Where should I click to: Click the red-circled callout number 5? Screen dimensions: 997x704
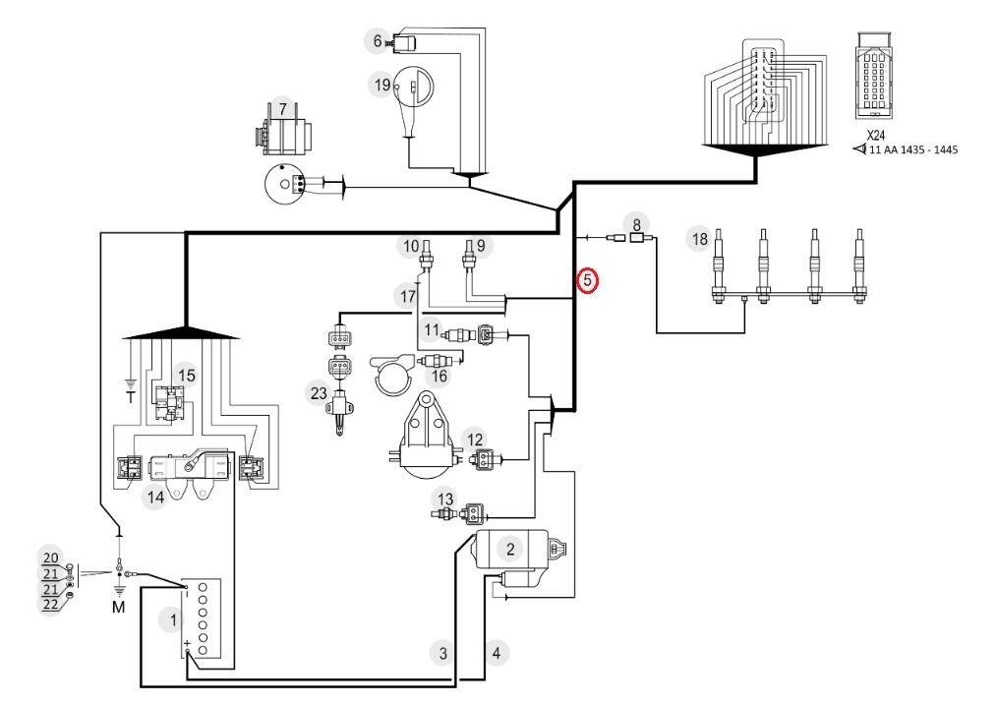pos(587,280)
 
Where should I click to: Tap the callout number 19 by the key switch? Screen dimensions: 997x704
pos(382,85)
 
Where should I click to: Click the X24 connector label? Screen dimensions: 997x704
pos(876,136)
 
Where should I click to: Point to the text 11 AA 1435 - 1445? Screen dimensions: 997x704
pos(912,150)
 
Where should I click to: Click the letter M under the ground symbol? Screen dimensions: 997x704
pos(119,608)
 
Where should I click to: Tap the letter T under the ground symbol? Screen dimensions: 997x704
pos(131,398)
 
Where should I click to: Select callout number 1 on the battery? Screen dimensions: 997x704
pos(172,619)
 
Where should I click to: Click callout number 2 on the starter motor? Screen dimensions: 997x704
pos(510,549)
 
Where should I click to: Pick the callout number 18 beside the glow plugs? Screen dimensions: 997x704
pos(700,239)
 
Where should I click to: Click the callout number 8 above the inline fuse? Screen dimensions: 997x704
pos(636,224)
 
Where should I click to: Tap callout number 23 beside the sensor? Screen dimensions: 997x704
pos(319,393)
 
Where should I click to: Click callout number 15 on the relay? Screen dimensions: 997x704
pos(186,376)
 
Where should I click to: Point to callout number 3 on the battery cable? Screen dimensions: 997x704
pos(443,653)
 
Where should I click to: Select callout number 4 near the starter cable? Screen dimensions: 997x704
pos(497,653)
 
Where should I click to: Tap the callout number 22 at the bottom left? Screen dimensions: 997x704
pos(50,604)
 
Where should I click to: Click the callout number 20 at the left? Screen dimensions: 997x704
pos(50,557)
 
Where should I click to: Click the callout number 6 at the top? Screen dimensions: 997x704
pos(377,40)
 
